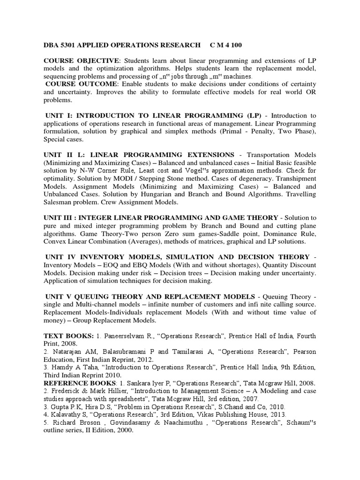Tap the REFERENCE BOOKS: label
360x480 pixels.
tap(83, 383)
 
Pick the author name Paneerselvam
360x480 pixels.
tap(125, 336)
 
